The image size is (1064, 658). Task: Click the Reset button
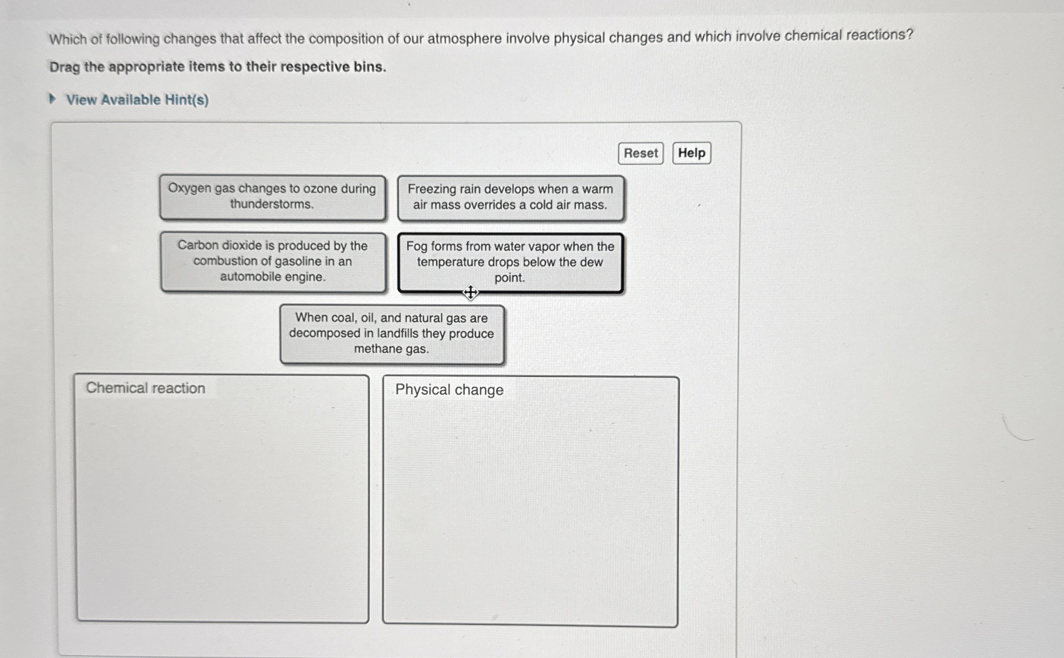point(640,154)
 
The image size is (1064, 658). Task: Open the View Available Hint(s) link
point(137,100)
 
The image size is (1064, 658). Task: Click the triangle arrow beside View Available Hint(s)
point(52,99)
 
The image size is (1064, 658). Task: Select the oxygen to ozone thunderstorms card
point(272,197)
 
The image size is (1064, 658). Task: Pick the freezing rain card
point(510,198)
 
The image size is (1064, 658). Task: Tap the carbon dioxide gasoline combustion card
point(273,262)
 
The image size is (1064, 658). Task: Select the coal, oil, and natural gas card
point(392,334)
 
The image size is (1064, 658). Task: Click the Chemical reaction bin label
point(146,388)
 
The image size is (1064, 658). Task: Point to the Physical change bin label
point(449,390)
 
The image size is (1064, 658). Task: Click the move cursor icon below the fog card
point(470,292)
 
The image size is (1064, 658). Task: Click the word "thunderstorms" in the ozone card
point(272,204)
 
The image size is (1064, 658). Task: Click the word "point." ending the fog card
point(510,278)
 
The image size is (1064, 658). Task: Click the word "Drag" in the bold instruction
point(64,67)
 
